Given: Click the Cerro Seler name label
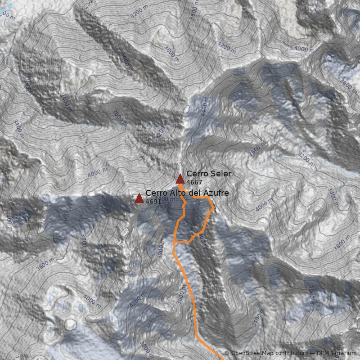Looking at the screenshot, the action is click(x=209, y=174).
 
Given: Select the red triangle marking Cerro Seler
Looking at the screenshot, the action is click(x=180, y=179).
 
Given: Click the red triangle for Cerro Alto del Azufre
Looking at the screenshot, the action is click(x=139, y=198).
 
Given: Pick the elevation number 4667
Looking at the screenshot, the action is click(x=194, y=182).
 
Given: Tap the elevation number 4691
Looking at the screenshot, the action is click(x=153, y=202).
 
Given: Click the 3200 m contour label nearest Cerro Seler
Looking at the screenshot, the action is click(x=304, y=159).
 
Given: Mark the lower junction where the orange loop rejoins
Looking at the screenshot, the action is click(x=174, y=242).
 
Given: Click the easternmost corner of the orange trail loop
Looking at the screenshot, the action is click(x=214, y=208).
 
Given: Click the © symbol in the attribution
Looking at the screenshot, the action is click(x=227, y=354).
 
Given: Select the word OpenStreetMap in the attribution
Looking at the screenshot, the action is click(x=251, y=354).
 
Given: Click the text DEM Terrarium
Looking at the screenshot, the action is click(x=336, y=354).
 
